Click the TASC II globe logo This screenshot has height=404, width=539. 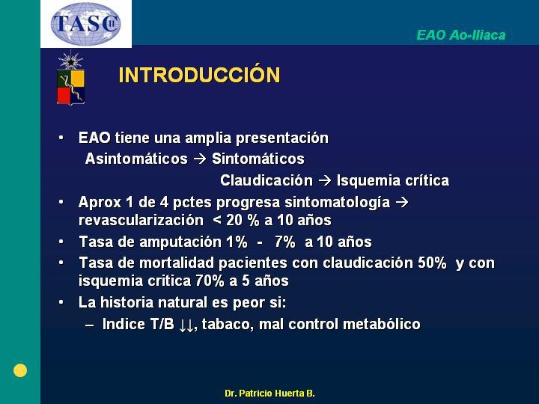coord(86,23)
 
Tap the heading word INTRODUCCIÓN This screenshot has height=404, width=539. coord(199,75)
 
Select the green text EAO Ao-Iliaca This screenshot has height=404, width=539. coord(461,35)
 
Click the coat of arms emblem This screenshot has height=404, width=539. coord(70,78)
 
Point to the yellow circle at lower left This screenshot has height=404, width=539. coord(20,370)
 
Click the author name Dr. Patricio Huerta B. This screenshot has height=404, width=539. coord(269,393)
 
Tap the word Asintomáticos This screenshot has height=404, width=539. coord(136,159)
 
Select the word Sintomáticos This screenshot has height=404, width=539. coord(258,159)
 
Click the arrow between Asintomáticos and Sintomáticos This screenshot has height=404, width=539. coord(200,159)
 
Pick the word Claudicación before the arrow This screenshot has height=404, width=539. coord(267,180)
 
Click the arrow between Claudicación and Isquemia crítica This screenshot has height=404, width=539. coord(325,181)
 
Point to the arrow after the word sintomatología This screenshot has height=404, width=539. coord(402,202)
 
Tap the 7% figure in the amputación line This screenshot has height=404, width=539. coord(285,242)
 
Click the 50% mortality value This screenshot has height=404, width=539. coord(432,263)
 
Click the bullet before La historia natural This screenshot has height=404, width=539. coord(61,302)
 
